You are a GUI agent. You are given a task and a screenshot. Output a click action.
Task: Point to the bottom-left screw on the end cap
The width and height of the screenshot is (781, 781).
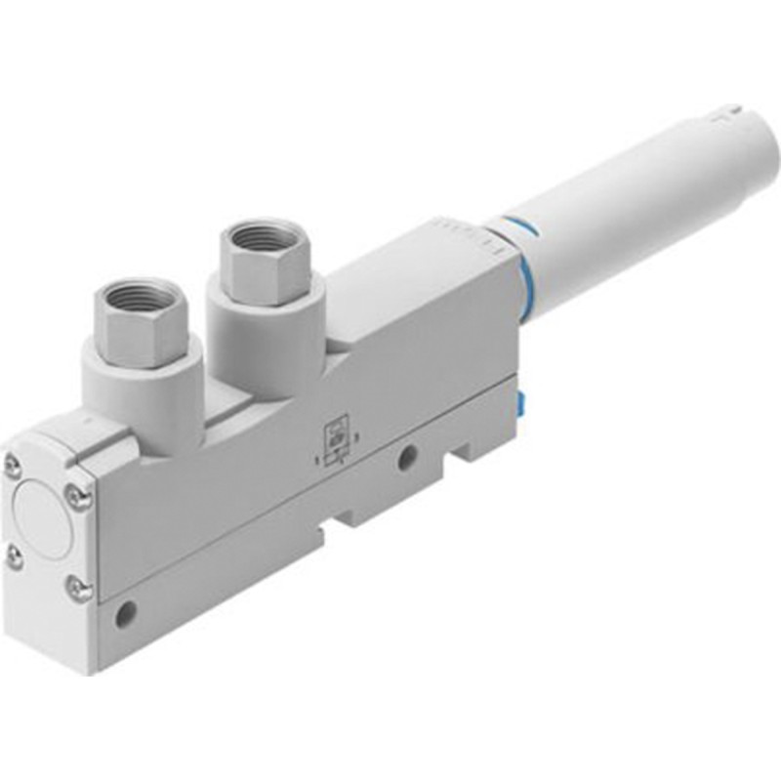pyautogui.click(x=14, y=556)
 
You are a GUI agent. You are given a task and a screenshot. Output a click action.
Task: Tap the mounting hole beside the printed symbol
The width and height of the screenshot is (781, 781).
pyautogui.click(x=406, y=455)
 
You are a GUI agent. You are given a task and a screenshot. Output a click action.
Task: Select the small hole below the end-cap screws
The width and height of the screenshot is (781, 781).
pyautogui.click(x=123, y=616)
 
